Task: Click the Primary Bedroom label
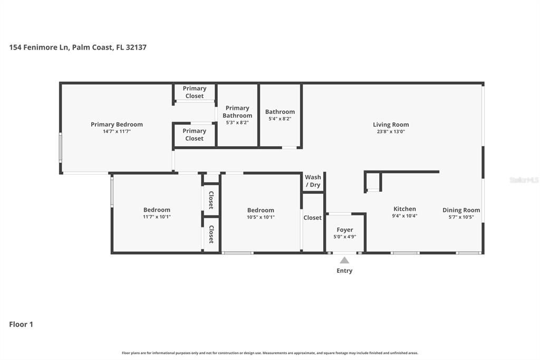117,125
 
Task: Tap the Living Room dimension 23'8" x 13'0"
391,132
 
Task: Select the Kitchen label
404,209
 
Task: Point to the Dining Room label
461,210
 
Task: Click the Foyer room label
345,230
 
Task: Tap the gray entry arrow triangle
344,260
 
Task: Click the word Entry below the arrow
344,271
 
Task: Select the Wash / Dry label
313,181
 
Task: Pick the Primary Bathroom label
237,112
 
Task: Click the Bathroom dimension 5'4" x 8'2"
279,119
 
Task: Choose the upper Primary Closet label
195,92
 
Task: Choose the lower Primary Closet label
194,135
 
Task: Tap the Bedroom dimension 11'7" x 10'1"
157,217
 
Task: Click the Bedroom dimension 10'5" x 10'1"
261,217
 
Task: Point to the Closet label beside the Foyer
312,218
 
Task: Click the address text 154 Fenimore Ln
39,48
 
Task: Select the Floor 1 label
21,325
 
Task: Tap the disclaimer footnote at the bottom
270,353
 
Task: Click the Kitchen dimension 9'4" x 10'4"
404,216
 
